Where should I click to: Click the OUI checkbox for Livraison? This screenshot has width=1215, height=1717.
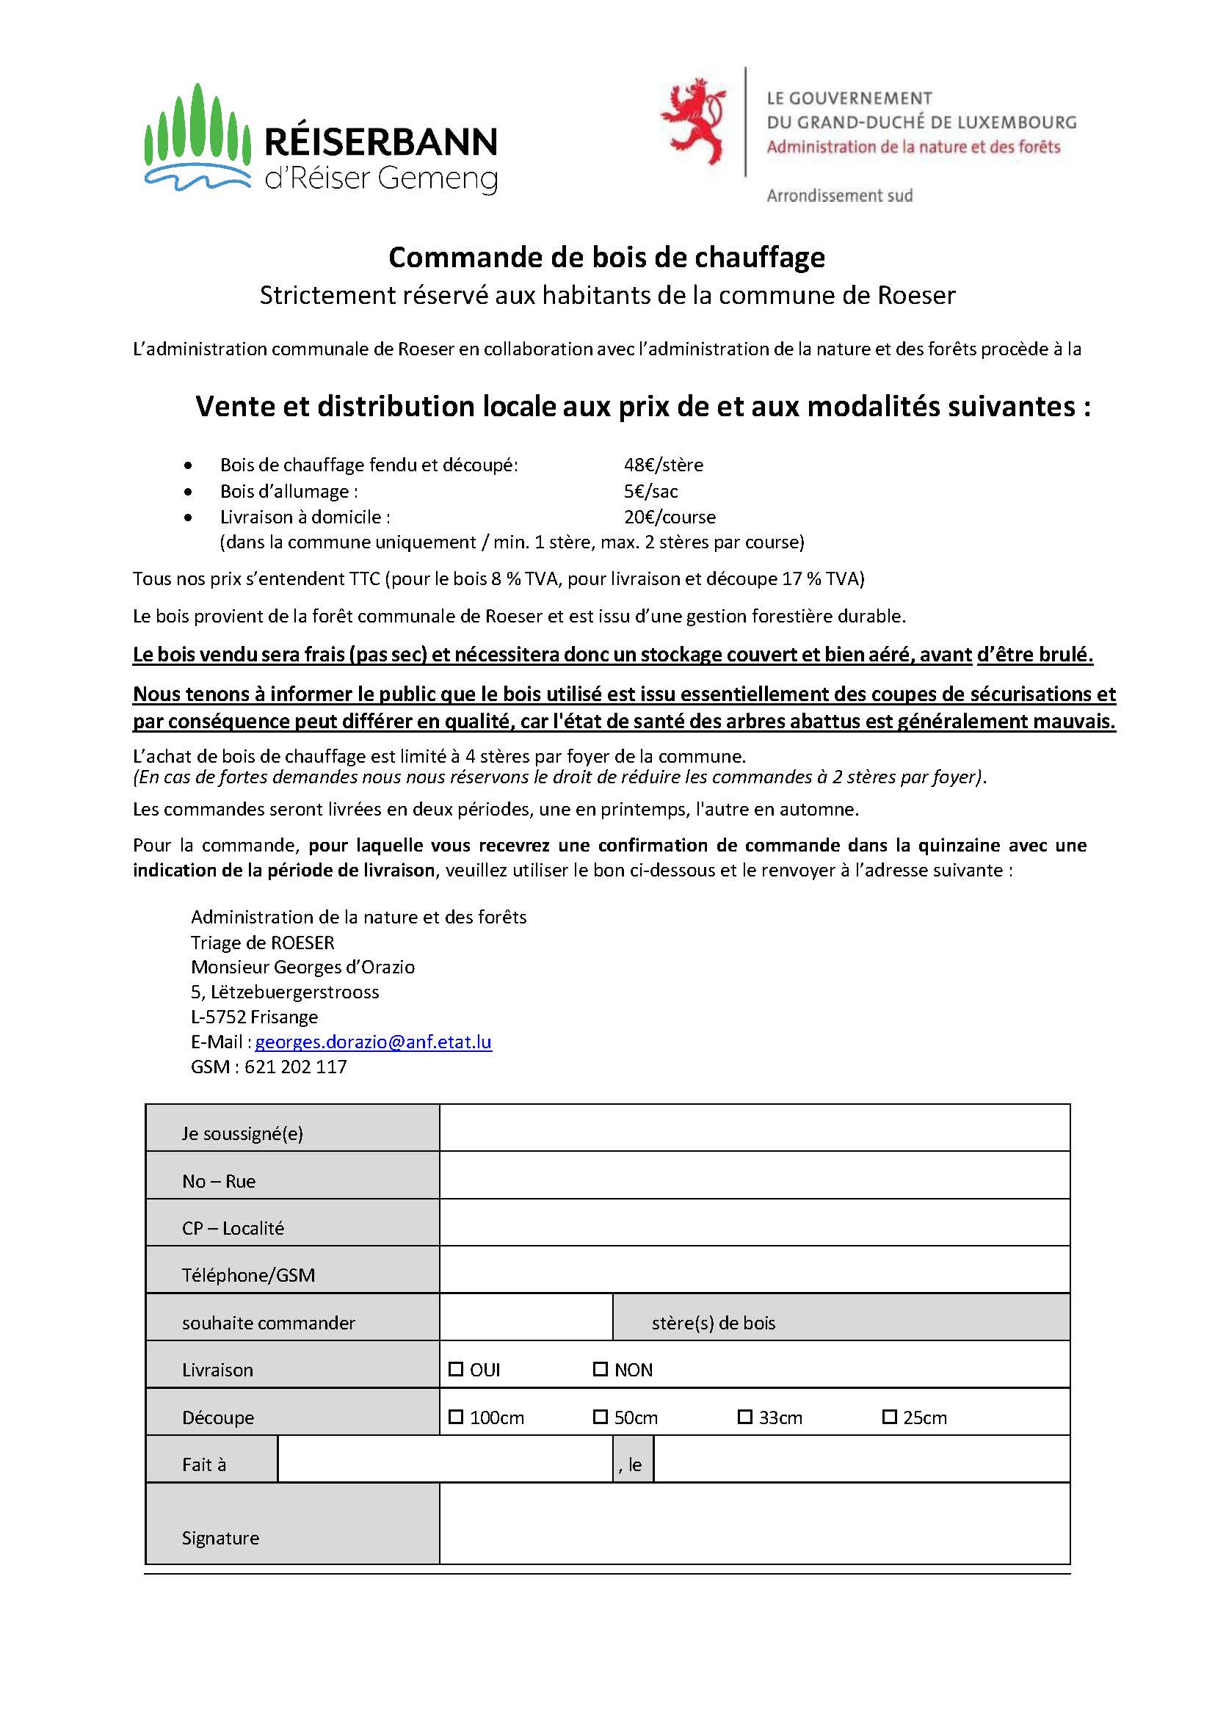456,1369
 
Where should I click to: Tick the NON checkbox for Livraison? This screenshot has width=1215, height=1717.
600,1369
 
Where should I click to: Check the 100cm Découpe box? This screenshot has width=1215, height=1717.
456,1416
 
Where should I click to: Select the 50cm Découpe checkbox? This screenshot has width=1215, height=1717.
600,1416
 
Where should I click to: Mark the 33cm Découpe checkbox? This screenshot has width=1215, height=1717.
744,1416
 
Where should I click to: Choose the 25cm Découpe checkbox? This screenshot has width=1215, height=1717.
889,1416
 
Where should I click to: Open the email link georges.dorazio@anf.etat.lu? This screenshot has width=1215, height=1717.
374,1042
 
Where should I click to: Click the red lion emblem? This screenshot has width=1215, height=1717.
693,120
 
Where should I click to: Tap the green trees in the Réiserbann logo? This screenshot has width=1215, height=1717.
197,127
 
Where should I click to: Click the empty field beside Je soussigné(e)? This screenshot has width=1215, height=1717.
754,1128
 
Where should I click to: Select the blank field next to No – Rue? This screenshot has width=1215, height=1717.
754,1175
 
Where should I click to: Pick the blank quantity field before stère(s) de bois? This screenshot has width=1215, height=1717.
525,1317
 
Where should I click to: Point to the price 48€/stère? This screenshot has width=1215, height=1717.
664,465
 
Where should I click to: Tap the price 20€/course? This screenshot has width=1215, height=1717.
670,517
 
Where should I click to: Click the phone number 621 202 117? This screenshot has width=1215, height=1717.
296,1067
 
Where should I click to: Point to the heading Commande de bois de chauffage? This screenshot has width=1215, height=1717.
606,258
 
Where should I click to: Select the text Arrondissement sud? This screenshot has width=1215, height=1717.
839,196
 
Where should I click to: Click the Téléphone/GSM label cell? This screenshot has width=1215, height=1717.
291,1270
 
